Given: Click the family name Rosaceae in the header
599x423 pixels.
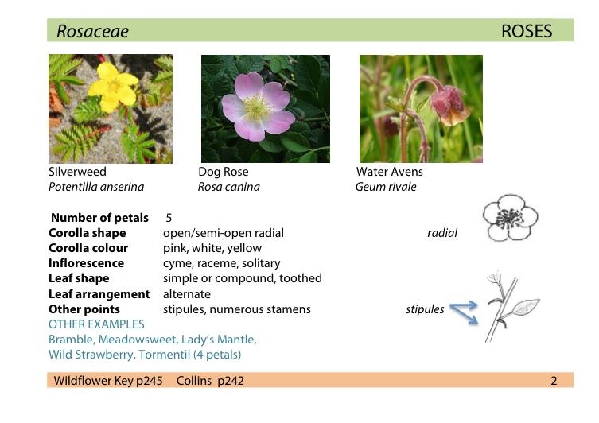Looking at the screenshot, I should tap(92, 32).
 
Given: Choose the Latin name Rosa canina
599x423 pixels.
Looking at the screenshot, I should tap(228, 187).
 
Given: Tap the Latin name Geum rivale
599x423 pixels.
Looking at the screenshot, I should tap(386, 187).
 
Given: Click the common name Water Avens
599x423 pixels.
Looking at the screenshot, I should tap(389, 172).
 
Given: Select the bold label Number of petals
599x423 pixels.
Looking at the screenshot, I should tap(99, 218).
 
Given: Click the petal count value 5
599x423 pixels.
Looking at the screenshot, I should tap(169, 218).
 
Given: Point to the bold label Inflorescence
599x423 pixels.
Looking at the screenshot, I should tap(86, 263).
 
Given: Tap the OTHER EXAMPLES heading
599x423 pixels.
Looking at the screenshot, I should tap(96, 324).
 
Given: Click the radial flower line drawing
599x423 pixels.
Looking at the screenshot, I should tap(510, 219).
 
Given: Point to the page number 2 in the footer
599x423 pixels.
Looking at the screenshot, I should tap(554, 381).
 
